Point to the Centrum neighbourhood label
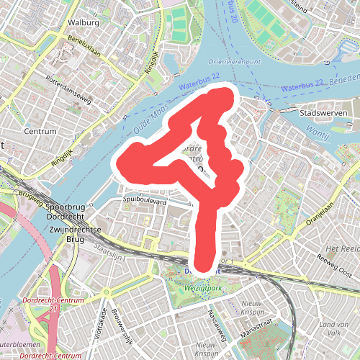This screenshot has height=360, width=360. click(x=40, y=132)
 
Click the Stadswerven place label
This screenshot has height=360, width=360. click(x=323, y=113)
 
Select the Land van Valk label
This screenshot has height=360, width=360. click(x=323, y=327)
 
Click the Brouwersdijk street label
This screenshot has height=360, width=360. click(x=122, y=324)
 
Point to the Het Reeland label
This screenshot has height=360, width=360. click(x=343, y=248)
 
